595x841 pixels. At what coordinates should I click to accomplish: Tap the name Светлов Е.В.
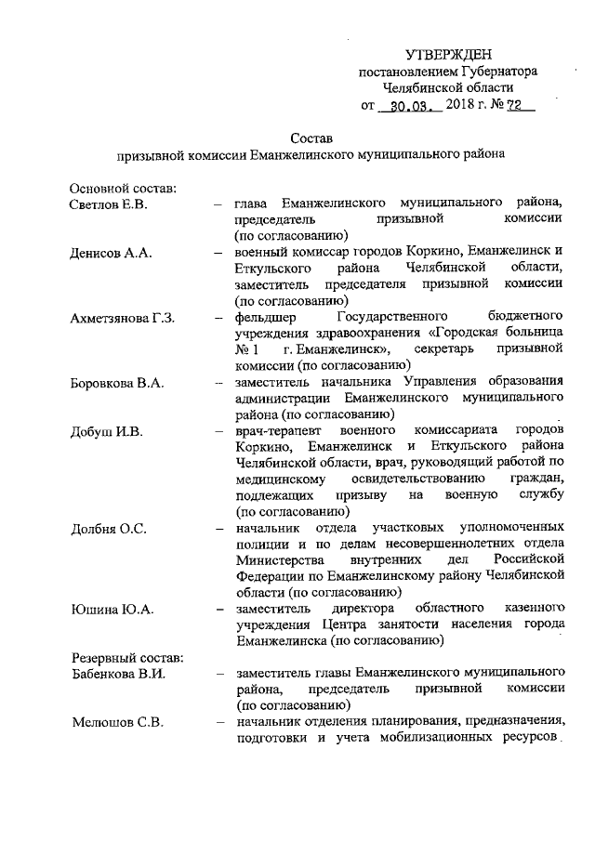(109, 203)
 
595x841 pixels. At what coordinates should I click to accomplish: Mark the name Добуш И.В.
(104, 431)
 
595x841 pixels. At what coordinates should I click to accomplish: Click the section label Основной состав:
(123, 187)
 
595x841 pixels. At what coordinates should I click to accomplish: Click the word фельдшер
(266, 319)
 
